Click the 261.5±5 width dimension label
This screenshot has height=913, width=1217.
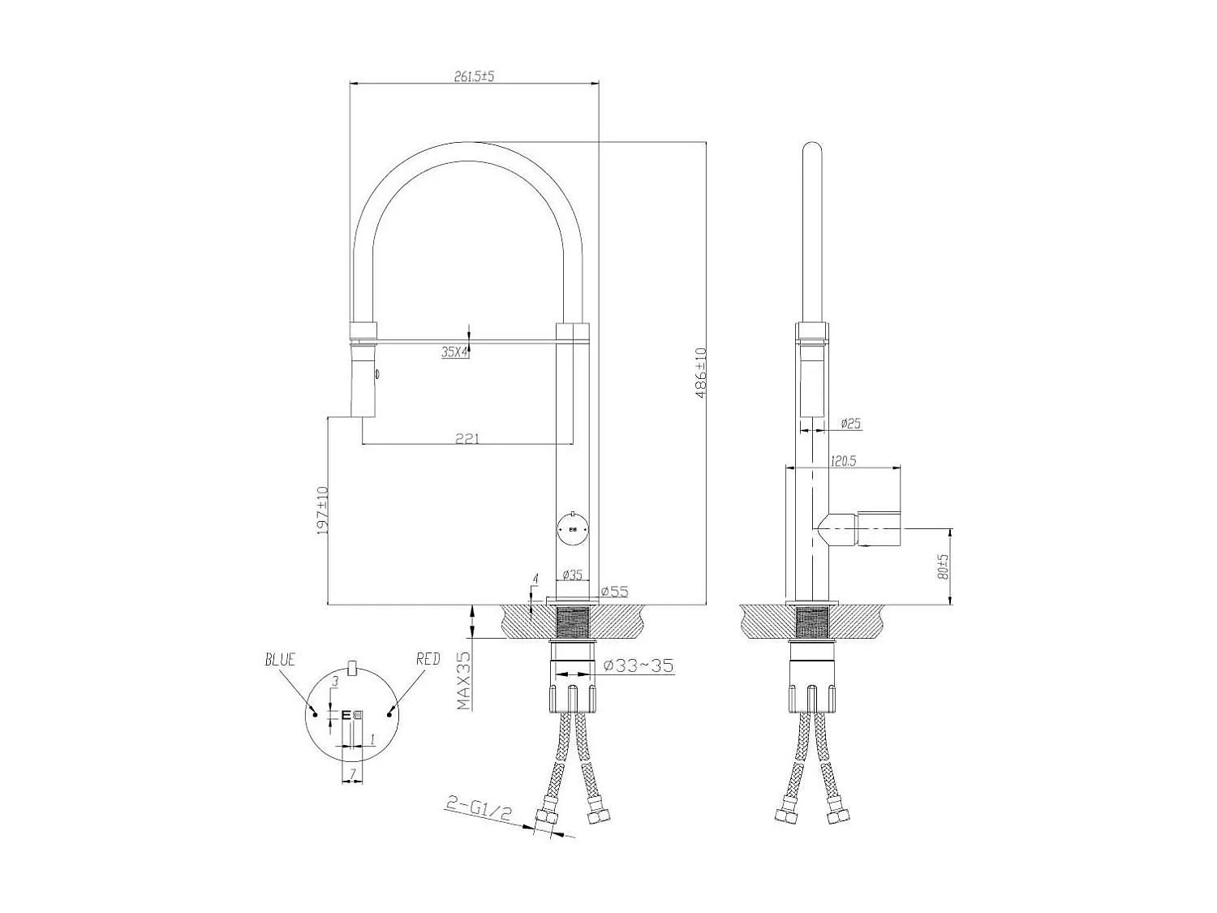474,76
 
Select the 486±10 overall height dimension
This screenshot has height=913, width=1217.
701,371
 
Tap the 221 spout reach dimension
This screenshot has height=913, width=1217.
467,439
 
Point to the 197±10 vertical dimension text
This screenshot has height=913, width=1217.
322,510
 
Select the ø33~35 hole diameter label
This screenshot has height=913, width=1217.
639,666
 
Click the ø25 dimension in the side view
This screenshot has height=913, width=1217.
850,424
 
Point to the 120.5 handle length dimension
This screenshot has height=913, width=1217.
844,461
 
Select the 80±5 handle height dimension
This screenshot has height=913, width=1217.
942,566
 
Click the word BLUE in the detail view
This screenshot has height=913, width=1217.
280,660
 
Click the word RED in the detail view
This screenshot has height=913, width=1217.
428,659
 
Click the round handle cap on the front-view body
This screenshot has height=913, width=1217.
574,529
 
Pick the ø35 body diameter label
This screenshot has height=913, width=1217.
573,575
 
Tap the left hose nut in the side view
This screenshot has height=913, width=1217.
785,816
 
